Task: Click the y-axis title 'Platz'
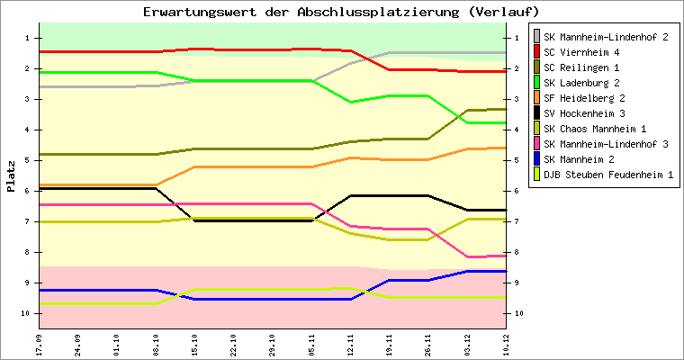tap(11, 175)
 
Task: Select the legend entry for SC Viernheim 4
tap(593, 52)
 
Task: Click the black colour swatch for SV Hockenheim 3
tap(537, 113)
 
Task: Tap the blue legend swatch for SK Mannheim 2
tap(537, 159)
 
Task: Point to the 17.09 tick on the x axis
tap(39, 345)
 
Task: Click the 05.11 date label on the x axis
tap(310, 345)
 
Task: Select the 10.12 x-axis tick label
tap(506, 345)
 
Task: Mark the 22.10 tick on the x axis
tap(233, 345)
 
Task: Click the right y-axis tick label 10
tap(517, 313)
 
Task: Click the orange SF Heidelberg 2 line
tap(252, 166)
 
